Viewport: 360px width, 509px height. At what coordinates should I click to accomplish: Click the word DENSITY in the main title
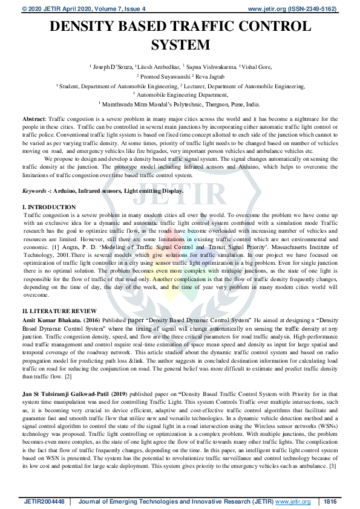(87, 27)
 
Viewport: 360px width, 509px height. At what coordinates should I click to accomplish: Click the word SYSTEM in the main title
(180, 45)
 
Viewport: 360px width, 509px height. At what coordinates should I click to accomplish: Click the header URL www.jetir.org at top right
(266, 9)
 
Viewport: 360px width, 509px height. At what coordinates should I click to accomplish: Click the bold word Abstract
(33, 120)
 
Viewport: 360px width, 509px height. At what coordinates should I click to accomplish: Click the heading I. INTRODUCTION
(49, 207)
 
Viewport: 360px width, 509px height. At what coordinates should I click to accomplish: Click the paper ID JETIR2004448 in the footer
(44, 501)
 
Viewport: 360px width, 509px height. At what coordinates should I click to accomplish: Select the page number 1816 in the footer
(330, 501)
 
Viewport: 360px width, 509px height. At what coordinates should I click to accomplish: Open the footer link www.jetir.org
(293, 501)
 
